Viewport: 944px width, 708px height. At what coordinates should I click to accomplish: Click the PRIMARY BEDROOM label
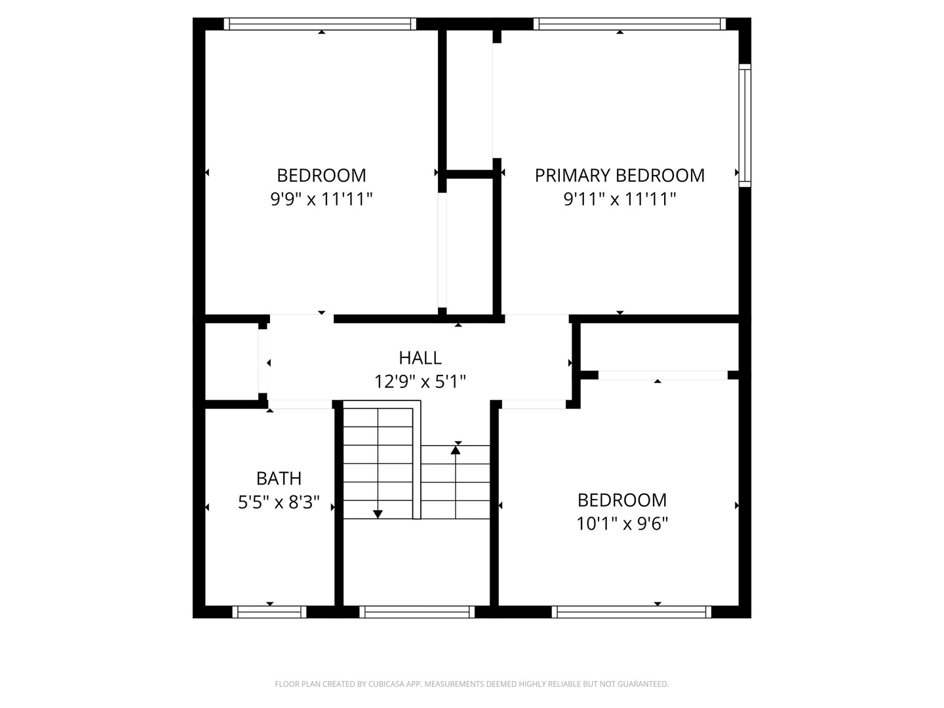(619, 176)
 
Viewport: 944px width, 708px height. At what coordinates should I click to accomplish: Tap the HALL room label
(420, 358)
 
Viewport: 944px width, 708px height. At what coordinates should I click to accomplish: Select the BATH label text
(279, 479)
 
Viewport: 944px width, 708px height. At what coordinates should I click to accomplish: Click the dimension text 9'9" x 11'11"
(321, 199)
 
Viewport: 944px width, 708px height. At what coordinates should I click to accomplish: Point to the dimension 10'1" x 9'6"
(622, 524)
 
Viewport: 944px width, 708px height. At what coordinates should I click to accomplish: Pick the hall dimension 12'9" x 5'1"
(420, 382)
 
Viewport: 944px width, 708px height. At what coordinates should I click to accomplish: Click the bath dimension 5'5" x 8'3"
(279, 503)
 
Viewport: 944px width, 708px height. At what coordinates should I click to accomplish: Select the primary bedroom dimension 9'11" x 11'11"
(619, 199)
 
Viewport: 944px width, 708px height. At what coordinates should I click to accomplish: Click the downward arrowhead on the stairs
(378, 514)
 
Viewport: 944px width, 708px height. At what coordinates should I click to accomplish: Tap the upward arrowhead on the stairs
(456, 450)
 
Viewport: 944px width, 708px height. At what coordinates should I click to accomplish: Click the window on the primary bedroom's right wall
(745, 125)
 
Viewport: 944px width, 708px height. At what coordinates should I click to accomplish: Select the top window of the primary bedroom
(629, 24)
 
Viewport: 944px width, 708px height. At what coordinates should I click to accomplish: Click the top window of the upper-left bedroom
(320, 24)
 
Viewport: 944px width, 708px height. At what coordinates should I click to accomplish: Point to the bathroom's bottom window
(269, 612)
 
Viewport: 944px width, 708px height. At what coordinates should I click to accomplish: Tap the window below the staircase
(417, 612)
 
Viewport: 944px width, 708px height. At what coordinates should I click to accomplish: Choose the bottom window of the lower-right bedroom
(631, 612)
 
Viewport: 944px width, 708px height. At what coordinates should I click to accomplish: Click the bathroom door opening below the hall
(300, 404)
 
